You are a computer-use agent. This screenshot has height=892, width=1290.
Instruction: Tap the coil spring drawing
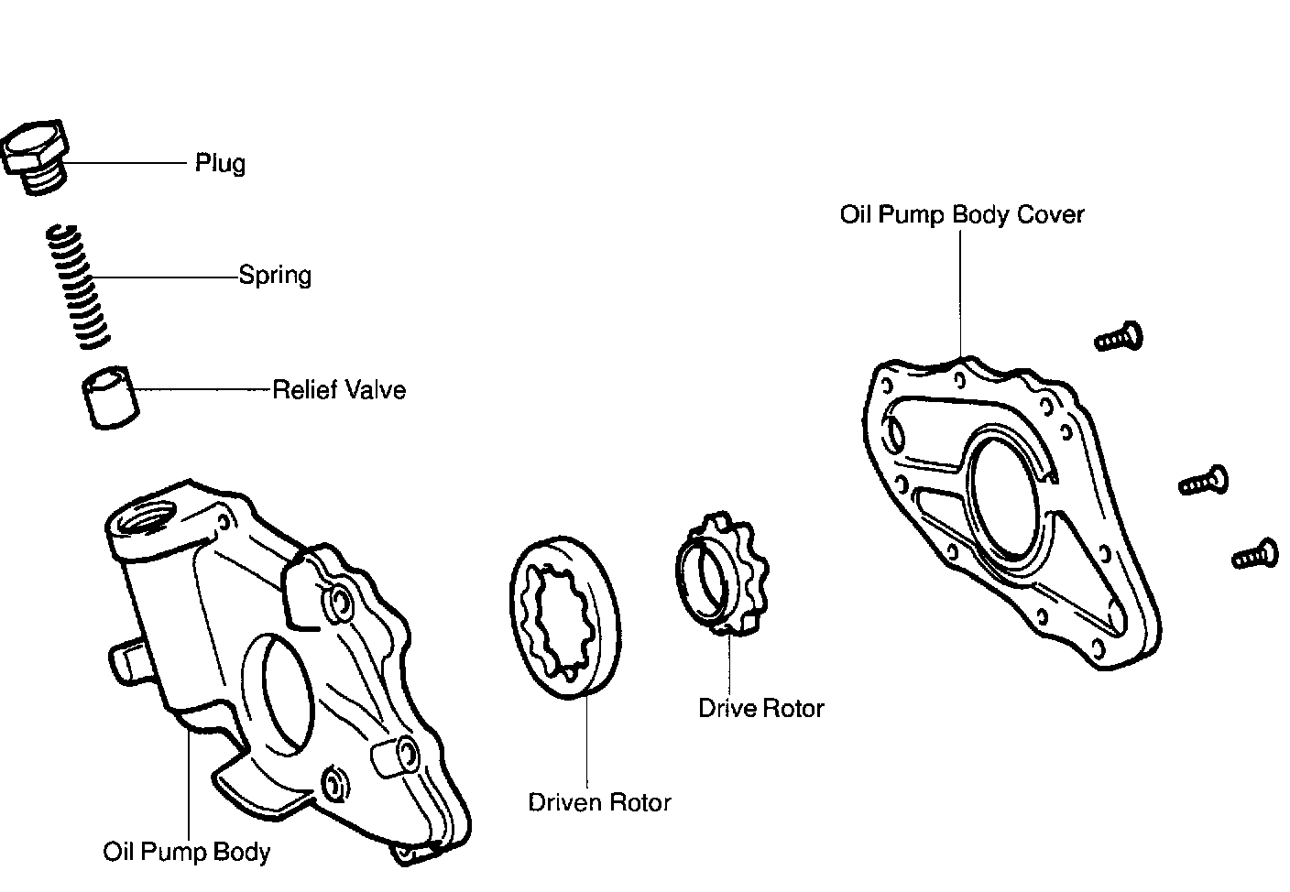[79, 287]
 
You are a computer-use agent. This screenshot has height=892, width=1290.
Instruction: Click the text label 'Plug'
[220, 164]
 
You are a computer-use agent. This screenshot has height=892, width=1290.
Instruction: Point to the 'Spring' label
[275, 276]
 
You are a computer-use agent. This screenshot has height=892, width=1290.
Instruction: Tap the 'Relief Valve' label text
[339, 391]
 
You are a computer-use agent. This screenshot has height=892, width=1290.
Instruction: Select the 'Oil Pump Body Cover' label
[962, 215]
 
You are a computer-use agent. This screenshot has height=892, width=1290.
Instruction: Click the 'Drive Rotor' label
[760, 709]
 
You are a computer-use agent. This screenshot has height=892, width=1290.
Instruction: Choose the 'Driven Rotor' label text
[599, 803]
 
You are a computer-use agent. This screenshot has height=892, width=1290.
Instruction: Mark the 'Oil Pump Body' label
[187, 853]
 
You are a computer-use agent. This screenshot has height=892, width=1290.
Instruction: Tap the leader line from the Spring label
[165, 277]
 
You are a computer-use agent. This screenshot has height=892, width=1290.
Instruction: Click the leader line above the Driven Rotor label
[586, 742]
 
